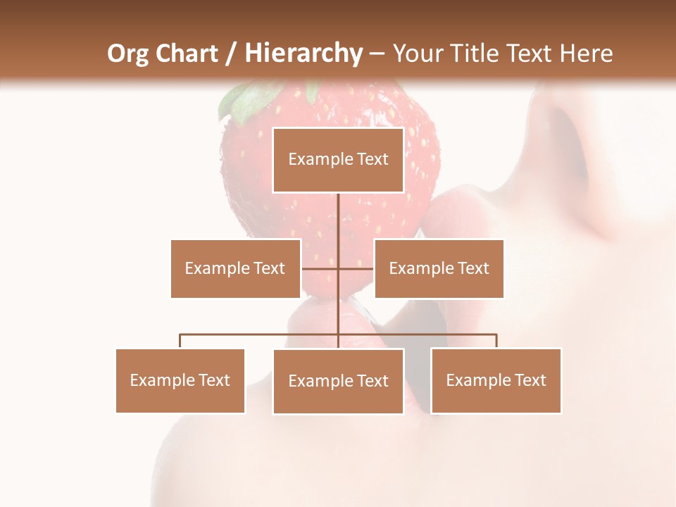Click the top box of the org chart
pos(338,160)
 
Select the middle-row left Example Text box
pos(235,268)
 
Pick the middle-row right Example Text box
pos(439,268)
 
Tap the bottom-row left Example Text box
pos(180,380)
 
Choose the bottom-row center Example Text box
pos(338,381)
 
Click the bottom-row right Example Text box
pos(496,380)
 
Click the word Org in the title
pos(128,54)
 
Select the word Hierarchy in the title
pos(303,54)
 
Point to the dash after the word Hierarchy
pos(377,54)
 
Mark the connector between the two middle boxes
pos(338,268)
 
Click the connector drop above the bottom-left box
pos(180,341)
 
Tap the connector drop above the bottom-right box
pos(496,341)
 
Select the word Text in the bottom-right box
pos(530,380)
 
